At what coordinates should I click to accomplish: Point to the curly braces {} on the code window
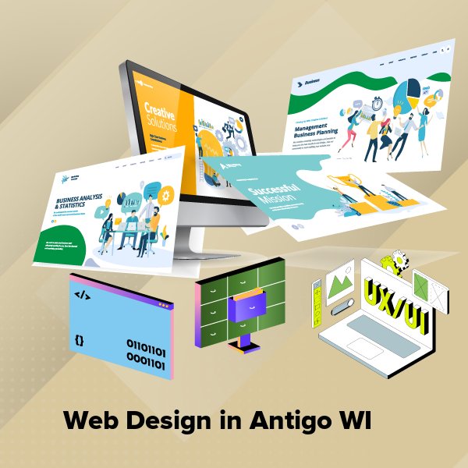tap(79, 340)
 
